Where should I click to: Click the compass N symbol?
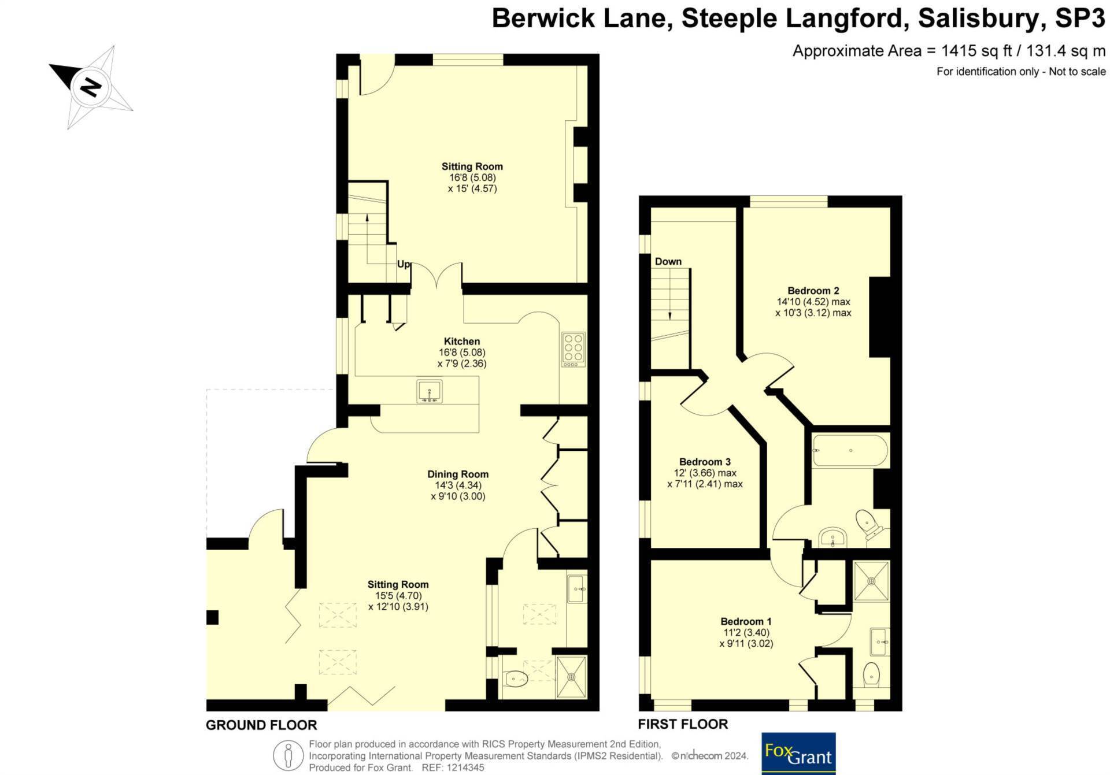click(x=90, y=87)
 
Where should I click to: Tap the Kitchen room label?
click(x=462, y=342)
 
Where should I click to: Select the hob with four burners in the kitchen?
click(x=573, y=350)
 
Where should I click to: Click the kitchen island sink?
click(x=430, y=391)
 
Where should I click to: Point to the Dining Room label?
click(x=458, y=474)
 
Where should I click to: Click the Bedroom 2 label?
click(x=813, y=291)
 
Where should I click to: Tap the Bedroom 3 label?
click(x=705, y=462)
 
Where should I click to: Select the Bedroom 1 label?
click(x=746, y=622)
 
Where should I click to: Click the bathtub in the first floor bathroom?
click(x=850, y=451)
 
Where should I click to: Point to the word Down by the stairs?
click(x=668, y=262)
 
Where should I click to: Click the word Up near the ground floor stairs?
click(x=404, y=264)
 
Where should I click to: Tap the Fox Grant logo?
click(x=798, y=754)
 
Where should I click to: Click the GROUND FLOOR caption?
click(x=261, y=725)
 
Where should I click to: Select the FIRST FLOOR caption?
click(x=683, y=724)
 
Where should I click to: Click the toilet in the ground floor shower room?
click(x=515, y=678)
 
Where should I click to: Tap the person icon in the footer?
click(x=288, y=756)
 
